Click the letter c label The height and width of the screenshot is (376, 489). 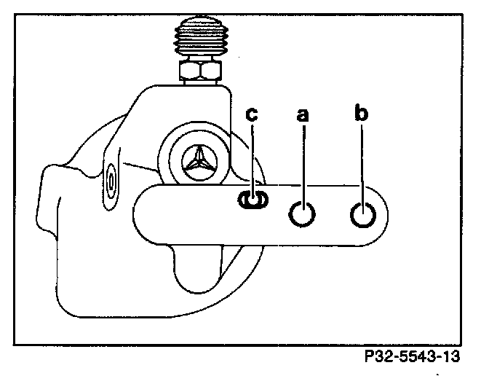pos(251,116)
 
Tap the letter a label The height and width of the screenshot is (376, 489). pos(304,115)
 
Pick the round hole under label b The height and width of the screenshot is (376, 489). pos(362,214)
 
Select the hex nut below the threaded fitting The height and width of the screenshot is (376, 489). pos(202,71)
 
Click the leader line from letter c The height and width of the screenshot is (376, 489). pos(252,157)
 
